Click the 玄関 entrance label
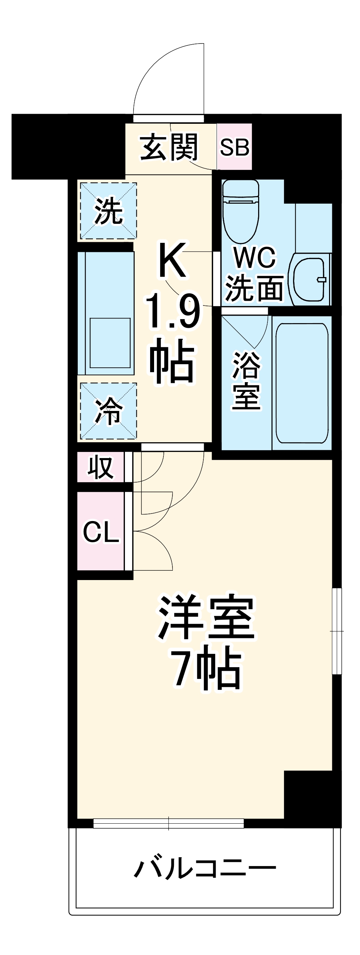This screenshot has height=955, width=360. point(169,148)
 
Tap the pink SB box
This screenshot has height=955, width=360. point(234,147)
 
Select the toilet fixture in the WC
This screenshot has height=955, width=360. point(240,209)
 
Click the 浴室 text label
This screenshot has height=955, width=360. point(246,380)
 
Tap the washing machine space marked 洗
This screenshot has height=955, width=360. point(108,211)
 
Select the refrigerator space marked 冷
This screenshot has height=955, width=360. point(108,411)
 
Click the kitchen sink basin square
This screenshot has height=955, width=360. point(110,343)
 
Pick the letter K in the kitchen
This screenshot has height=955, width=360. point(172,260)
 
